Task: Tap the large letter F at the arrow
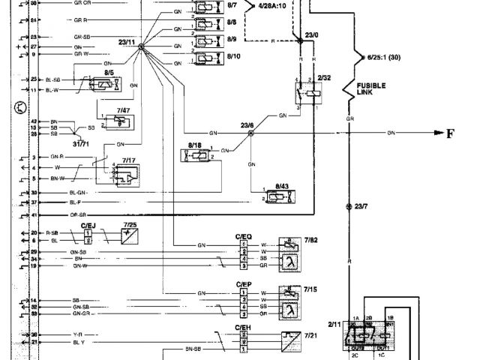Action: coord(451,134)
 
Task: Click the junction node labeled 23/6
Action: coord(251,133)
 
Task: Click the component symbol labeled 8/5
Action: coord(105,83)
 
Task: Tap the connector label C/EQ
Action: coord(243,236)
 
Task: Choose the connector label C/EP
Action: coord(243,285)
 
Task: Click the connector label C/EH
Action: coord(241,328)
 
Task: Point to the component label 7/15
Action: coord(311,288)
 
